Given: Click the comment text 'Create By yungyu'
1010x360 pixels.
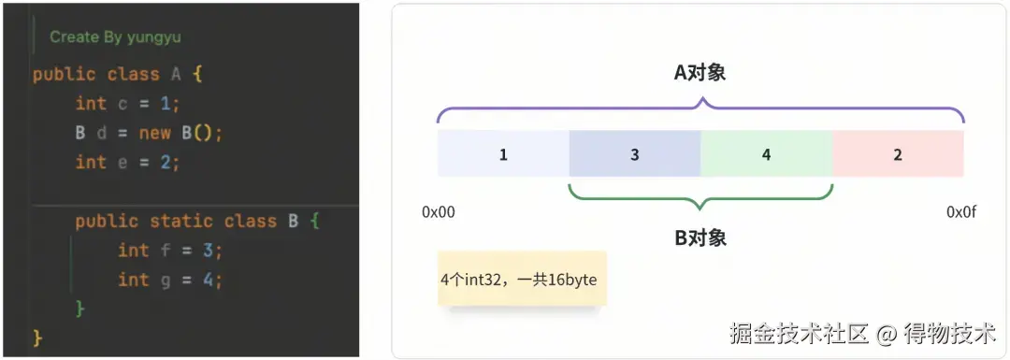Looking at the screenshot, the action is click(x=115, y=37).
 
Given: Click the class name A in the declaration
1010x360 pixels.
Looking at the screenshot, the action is click(x=176, y=74).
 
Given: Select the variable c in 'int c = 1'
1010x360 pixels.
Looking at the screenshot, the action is click(x=123, y=104).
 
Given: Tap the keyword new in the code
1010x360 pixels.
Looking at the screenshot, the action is click(x=154, y=134).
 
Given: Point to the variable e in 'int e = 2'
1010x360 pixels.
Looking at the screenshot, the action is click(x=123, y=163).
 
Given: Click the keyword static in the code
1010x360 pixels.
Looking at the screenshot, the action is click(x=181, y=222).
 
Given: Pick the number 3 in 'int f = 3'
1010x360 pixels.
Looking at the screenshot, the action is click(x=208, y=252).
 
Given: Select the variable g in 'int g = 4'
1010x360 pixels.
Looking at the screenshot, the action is click(x=166, y=281).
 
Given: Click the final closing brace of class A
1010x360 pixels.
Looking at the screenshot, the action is click(x=37, y=337).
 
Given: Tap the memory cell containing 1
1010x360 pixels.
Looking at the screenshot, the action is click(x=503, y=153).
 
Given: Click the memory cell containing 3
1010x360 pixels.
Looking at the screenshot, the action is click(x=634, y=153).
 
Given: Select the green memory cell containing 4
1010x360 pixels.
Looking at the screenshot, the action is click(x=767, y=153).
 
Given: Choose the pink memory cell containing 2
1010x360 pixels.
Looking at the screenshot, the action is click(x=898, y=153).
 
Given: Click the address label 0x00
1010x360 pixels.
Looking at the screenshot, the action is click(x=439, y=212).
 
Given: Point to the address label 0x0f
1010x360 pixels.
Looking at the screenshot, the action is click(x=961, y=212).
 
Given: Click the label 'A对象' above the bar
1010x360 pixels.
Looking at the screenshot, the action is click(x=700, y=73).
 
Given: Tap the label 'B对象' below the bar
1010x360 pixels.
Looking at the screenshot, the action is click(x=700, y=238).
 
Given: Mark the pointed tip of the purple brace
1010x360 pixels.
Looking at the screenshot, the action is click(x=700, y=98).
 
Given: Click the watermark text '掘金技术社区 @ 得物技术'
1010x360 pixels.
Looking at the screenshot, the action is click(x=863, y=333).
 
